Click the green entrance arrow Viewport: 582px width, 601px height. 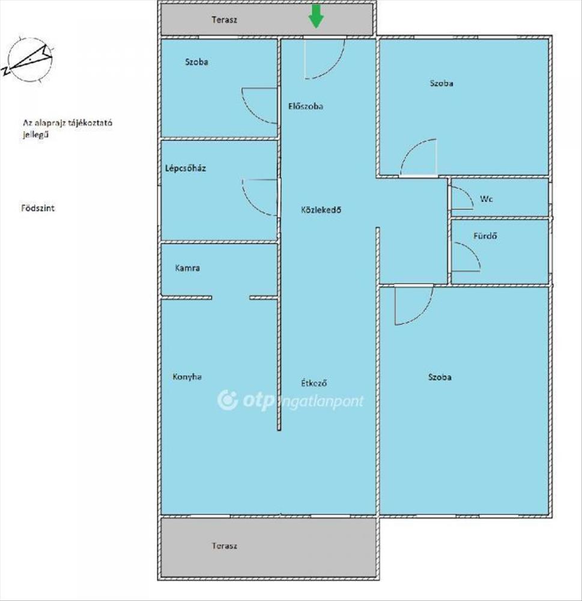[316, 16]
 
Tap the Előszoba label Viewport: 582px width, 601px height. [305, 106]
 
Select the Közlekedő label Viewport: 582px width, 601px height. [321, 210]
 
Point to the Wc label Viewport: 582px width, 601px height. [487, 199]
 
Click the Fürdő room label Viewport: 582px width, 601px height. [485, 236]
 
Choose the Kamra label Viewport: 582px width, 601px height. [187, 268]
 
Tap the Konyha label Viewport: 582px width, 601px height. [187, 377]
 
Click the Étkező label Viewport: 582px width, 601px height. [314, 383]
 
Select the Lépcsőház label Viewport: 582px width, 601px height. [186, 168]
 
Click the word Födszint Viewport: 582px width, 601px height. [38, 208]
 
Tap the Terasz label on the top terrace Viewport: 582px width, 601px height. [224, 20]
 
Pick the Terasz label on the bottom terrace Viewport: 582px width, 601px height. [225, 546]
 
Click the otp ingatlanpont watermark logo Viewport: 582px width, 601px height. [291, 400]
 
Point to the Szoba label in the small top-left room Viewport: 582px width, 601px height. [196, 62]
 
